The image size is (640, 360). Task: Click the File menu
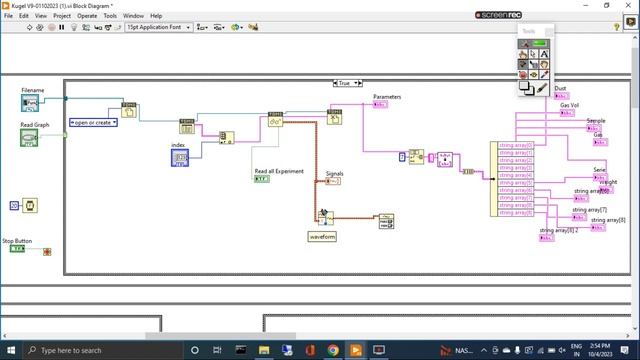click(9, 16)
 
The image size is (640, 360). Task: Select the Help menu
click(156, 16)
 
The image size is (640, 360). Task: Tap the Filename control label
click(32, 90)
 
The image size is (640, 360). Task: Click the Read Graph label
click(35, 125)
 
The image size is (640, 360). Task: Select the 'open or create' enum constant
click(93, 122)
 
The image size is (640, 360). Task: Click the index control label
click(179, 146)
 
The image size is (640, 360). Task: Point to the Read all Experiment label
click(278, 171)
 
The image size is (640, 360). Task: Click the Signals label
click(335, 173)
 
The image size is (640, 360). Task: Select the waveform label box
click(322, 237)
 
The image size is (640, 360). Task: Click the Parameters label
click(387, 97)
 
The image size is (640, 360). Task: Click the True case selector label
click(345, 84)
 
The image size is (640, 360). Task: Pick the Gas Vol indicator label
click(569, 105)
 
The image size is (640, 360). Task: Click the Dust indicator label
click(560, 89)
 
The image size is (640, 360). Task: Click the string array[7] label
click(589, 210)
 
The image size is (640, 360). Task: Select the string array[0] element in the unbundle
click(516, 145)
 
